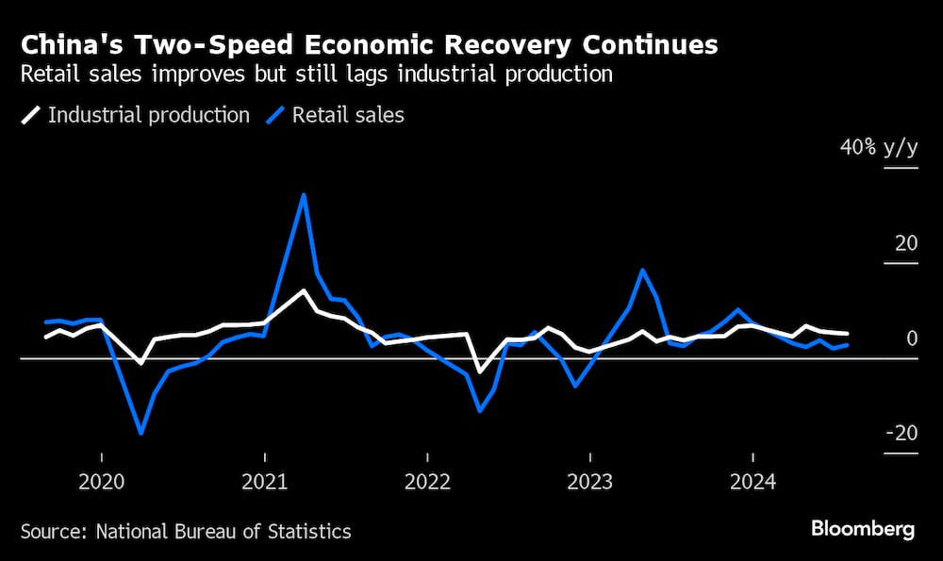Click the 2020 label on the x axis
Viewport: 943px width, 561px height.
[101, 483]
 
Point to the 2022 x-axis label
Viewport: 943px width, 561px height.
[427, 483]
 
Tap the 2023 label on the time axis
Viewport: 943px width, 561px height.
[590, 483]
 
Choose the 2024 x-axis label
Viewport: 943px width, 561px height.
[753, 483]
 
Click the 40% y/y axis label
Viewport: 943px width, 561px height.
[879, 148]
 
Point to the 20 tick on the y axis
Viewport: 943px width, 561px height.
[905, 243]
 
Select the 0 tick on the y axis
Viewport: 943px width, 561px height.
[912, 338]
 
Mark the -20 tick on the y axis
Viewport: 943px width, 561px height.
[901, 434]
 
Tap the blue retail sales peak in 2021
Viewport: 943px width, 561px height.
[304, 195]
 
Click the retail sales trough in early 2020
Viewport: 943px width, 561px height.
[141, 433]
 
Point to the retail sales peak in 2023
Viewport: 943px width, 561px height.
[642, 271]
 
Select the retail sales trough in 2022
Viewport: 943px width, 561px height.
[480, 410]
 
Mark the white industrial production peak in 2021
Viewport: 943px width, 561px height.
[304, 290]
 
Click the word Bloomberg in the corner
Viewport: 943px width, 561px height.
[863, 529]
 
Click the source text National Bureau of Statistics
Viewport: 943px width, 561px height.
[223, 532]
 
